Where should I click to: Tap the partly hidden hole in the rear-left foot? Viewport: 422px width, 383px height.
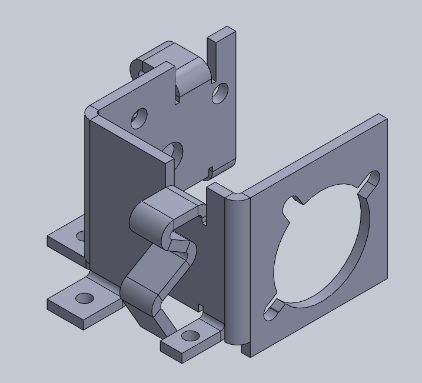[x=79, y=237]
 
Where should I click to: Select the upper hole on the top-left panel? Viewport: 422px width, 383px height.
[x=139, y=118]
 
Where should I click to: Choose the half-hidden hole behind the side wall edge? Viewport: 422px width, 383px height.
[x=175, y=152]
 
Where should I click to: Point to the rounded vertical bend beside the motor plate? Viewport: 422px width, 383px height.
[x=235, y=271]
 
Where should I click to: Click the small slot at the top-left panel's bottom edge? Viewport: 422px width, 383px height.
[x=210, y=172]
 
